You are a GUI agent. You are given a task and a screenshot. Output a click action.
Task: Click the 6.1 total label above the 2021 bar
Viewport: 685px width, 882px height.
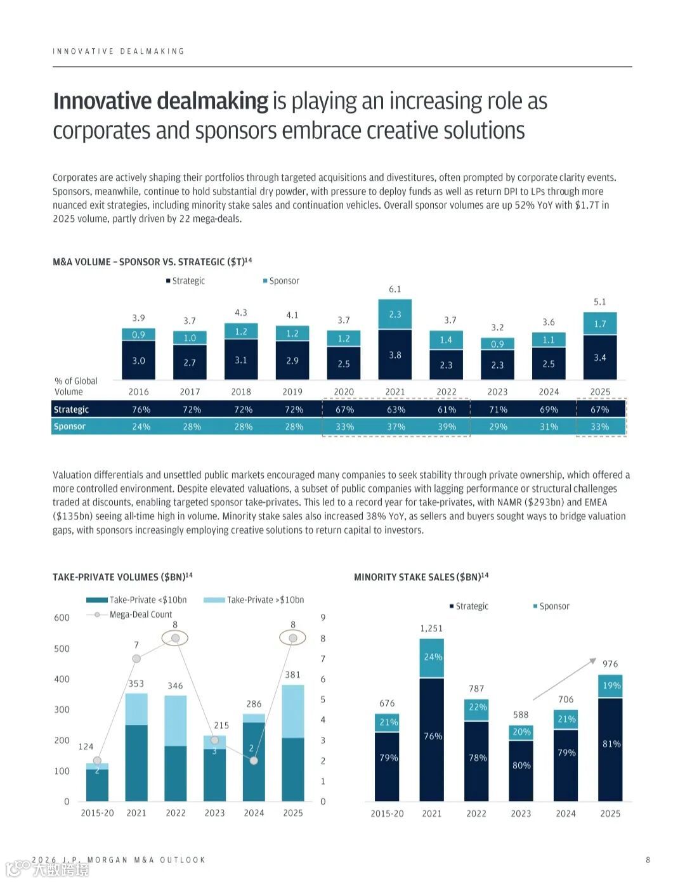click(x=395, y=289)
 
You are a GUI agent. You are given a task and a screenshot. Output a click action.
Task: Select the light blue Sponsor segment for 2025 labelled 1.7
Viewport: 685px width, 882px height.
click(x=599, y=324)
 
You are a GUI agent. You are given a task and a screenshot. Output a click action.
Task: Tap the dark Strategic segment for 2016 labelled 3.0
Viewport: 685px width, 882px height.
click(x=138, y=361)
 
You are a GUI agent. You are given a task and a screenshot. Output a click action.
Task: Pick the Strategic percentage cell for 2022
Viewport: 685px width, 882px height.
click(x=447, y=410)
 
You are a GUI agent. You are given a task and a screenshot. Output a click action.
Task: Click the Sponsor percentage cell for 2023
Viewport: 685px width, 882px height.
click(x=498, y=427)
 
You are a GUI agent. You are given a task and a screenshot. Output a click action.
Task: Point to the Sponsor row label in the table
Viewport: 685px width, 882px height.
click(x=70, y=427)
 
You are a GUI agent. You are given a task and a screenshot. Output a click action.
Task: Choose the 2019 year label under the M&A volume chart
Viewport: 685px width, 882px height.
click(x=292, y=392)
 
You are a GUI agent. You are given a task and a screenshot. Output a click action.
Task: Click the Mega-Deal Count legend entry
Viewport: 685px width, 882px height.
click(x=140, y=614)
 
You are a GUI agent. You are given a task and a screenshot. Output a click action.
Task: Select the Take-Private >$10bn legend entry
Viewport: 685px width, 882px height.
click(x=265, y=600)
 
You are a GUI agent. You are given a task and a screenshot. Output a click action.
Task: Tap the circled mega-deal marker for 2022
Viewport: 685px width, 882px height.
click(x=176, y=638)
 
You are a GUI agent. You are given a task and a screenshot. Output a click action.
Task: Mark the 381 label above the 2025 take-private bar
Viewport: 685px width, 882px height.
click(x=292, y=675)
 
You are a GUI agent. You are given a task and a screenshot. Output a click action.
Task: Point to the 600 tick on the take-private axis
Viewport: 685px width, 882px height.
click(x=62, y=618)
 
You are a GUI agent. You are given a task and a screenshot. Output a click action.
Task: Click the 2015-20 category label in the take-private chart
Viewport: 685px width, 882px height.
click(x=97, y=813)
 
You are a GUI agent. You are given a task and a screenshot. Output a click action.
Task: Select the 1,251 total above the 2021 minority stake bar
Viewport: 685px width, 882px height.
click(x=431, y=628)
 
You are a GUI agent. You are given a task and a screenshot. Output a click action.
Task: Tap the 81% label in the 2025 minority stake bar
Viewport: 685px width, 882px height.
click(x=611, y=744)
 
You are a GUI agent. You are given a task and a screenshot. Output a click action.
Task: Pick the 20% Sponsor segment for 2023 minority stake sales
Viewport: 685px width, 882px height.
click(x=521, y=732)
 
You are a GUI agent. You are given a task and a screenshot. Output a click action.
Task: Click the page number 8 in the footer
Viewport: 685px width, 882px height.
click(x=648, y=860)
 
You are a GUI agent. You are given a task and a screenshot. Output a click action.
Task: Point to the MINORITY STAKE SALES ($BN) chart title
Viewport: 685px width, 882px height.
click(x=421, y=577)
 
